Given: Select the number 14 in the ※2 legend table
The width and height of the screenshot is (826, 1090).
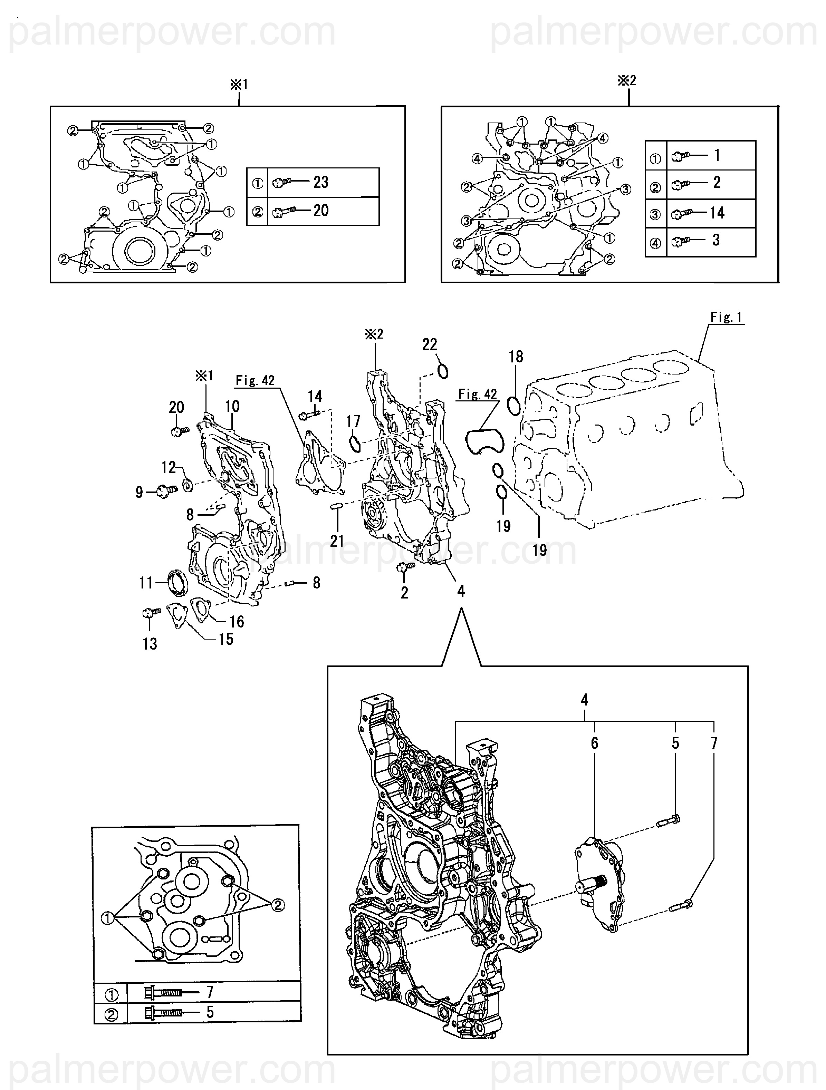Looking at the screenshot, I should pos(717,213).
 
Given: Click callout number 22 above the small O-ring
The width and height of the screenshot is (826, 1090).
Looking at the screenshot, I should pos(430,344).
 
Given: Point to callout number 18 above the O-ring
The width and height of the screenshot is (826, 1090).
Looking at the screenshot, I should pos(516,357).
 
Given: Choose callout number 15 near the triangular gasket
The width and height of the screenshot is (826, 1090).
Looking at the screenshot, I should pos(226,639).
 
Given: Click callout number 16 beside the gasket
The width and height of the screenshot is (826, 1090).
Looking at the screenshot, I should pos(237,621).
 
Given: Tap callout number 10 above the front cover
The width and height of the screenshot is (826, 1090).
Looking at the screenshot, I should pos(232,407).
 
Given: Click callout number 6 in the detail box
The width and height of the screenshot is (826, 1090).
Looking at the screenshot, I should pos(594,743).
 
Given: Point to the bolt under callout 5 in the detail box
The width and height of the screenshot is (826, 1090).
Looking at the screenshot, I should pos(669,819).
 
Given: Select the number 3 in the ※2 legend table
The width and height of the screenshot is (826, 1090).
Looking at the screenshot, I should pos(716,241).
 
